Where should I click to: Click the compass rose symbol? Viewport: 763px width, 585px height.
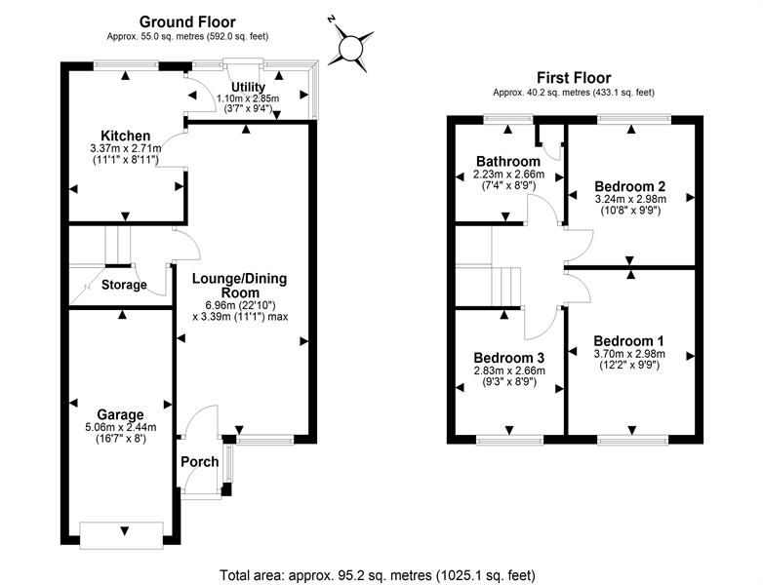tap(352, 46)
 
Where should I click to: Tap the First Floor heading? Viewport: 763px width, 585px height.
tap(573, 77)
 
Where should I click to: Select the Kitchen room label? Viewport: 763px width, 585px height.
tap(126, 136)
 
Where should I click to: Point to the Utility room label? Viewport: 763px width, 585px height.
tap(247, 87)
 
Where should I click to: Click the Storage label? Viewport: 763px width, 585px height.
tap(123, 286)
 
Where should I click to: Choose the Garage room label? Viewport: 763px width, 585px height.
tap(120, 413)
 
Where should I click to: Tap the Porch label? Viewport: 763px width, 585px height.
tap(199, 461)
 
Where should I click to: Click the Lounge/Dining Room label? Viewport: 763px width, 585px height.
tap(239, 285)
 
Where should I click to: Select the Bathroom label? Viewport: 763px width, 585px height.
tap(507, 161)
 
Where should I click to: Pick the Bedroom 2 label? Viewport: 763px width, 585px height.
tap(629, 185)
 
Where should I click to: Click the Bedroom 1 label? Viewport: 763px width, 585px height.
tap(628, 340)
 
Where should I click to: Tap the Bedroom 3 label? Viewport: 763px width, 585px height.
tap(507, 357)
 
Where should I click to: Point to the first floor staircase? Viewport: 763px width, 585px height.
tap(503, 287)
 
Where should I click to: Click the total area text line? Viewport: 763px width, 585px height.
tap(377, 574)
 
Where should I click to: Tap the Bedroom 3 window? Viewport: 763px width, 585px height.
tap(508, 440)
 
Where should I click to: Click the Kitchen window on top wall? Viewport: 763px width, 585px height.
tap(126, 64)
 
